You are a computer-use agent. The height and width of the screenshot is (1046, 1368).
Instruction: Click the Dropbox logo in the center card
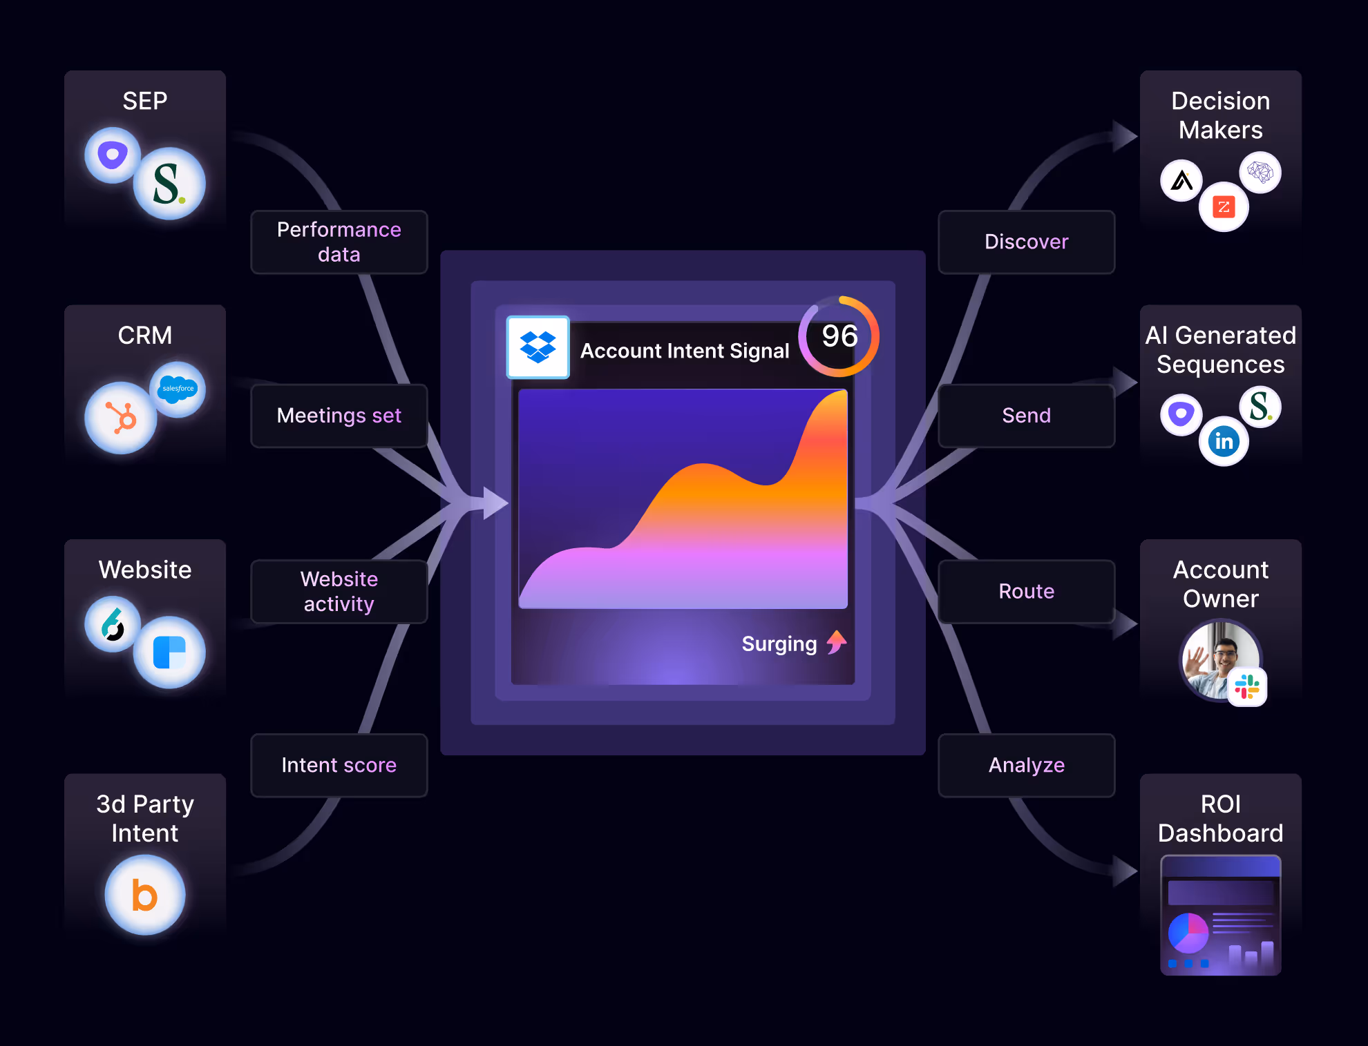(538, 347)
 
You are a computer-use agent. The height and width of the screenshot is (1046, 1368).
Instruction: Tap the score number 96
(839, 336)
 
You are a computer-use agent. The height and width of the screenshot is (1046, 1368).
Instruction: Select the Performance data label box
(339, 242)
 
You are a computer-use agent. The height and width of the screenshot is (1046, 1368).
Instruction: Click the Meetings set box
(339, 416)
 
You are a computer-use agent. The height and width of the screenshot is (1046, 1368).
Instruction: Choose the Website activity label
(339, 592)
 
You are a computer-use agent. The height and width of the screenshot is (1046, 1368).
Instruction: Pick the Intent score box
(339, 765)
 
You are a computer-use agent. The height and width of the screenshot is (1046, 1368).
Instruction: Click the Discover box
(1026, 242)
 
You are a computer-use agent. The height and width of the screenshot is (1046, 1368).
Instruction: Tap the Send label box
(1026, 416)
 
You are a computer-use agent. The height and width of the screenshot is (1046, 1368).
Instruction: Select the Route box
(1026, 592)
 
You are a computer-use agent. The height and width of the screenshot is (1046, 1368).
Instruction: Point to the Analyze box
(1026, 765)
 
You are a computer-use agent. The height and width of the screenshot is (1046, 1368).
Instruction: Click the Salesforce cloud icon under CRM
(178, 389)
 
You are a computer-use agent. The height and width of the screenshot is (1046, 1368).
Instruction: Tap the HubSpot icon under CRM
(121, 418)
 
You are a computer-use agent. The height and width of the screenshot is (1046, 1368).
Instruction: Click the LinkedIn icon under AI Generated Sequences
(1224, 441)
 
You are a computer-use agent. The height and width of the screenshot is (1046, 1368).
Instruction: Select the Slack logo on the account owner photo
(1247, 687)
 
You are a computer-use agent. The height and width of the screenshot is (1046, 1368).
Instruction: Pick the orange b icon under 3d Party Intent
(145, 895)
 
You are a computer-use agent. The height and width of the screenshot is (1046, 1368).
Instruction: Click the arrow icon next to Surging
(837, 642)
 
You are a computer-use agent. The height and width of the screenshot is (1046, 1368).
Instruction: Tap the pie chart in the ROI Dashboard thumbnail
(1188, 933)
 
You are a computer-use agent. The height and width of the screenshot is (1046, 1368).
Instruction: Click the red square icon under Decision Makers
(1224, 207)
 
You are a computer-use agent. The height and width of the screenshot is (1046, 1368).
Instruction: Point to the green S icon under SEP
(169, 184)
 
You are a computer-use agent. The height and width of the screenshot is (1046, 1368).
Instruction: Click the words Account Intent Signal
(684, 351)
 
